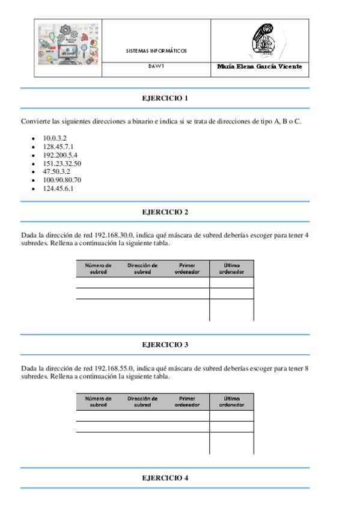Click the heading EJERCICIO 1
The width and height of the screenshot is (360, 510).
(x=165, y=98)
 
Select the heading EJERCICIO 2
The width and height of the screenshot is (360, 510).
(x=165, y=212)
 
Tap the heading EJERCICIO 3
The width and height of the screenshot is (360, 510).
(x=165, y=345)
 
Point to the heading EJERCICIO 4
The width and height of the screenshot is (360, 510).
(x=165, y=478)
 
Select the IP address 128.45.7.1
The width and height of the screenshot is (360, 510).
(x=58, y=147)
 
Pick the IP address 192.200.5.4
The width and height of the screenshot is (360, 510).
(x=60, y=155)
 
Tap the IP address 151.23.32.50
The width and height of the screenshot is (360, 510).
(x=62, y=164)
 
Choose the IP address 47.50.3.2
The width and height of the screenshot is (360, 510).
(x=56, y=171)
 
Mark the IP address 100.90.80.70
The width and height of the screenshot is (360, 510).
(x=62, y=180)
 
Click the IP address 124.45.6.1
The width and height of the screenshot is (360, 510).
(x=58, y=188)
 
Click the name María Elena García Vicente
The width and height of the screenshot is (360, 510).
(x=260, y=67)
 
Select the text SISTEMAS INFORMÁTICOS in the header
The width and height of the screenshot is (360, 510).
(x=156, y=51)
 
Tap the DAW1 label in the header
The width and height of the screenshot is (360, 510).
(x=156, y=67)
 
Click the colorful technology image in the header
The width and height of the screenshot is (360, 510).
(x=68, y=45)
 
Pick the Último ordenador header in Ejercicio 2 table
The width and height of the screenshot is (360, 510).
(x=231, y=268)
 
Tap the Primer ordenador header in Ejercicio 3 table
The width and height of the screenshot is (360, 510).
(x=187, y=402)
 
